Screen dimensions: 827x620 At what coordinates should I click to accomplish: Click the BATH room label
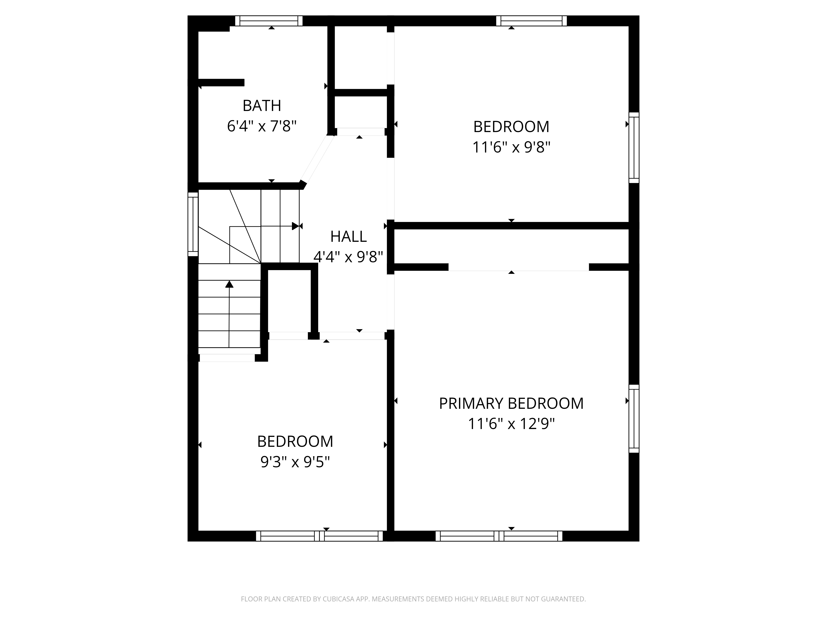point(262,106)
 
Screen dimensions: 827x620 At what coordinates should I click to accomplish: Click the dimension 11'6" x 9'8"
point(511,147)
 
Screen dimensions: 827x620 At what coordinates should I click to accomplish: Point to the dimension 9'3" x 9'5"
point(295,462)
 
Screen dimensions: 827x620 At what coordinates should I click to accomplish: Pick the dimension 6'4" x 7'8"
point(262,126)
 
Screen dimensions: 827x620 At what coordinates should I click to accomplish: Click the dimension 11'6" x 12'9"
point(511,424)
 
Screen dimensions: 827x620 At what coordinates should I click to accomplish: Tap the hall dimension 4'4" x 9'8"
point(348,257)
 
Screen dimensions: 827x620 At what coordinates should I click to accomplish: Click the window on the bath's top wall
point(268,21)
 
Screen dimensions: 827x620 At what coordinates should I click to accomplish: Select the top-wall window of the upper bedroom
point(531,21)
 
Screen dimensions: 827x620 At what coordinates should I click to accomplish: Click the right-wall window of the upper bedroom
point(634,148)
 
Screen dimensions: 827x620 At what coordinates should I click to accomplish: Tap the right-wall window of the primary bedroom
point(634,418)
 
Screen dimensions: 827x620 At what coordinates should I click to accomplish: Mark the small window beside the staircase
point(193,224)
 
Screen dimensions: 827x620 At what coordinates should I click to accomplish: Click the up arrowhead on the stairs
point(229,284)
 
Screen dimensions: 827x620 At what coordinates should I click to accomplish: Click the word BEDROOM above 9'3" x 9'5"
point(295,442)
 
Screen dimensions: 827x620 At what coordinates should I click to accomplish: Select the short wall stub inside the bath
point(221,83)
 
